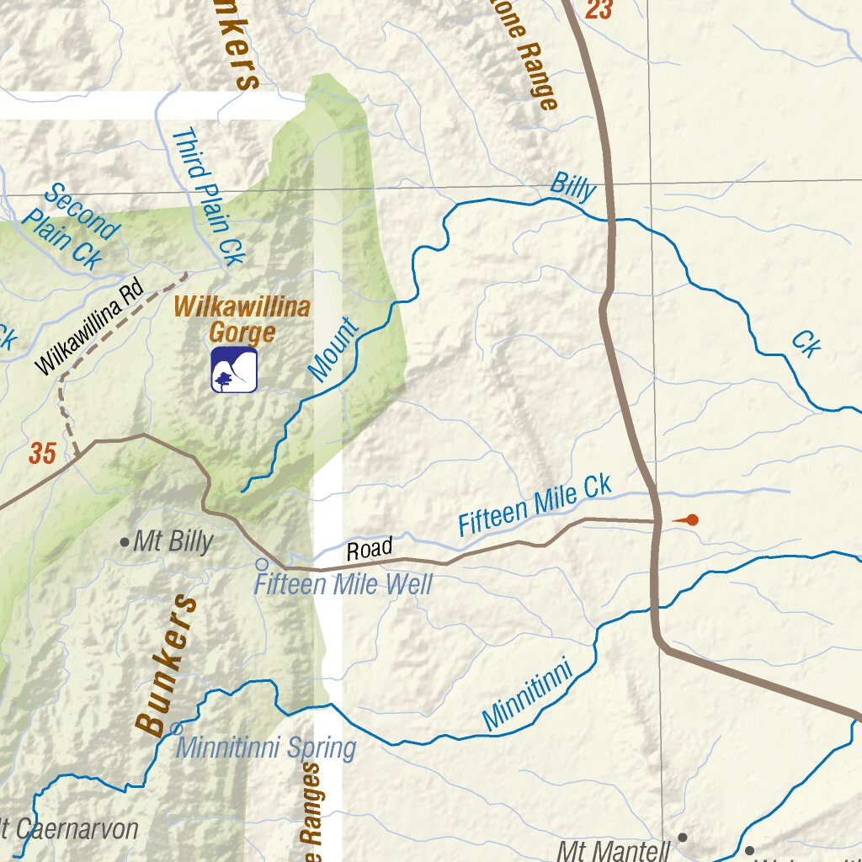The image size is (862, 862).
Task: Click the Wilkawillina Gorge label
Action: pos(242,319)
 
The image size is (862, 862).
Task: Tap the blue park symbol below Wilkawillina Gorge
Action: pos(234,370)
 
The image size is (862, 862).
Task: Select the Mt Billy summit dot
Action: pos(125,542)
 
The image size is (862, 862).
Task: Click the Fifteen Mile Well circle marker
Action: pos(262,564)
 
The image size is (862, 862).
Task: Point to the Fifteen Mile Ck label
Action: pos(535,505)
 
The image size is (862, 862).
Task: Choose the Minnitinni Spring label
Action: pos(266,748)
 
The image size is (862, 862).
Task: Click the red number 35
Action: pos(42,454)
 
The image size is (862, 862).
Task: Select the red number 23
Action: pos(599,10)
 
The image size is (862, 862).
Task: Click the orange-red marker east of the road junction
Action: pos(689,520)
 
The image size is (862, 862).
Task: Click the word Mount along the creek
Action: pos(333,351)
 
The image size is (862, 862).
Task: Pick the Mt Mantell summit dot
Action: pos(683,838)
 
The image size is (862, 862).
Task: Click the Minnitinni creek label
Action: pos(528,695)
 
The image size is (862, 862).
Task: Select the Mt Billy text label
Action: pos(173,542)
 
